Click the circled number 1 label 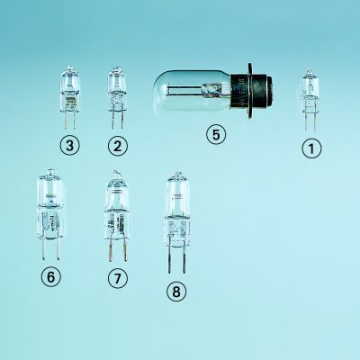311,148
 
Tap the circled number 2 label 118,146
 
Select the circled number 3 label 69,146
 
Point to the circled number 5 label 216,134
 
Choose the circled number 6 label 50,277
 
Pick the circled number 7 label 118,278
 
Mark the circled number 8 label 176,291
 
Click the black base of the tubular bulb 251,91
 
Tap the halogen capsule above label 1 310,99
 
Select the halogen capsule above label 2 118,98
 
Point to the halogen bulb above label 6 50,214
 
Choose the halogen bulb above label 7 116,216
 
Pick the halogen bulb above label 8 177,222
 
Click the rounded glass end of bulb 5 160,91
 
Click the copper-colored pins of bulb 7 117,250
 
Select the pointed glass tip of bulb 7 116,174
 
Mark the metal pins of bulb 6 50,248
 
